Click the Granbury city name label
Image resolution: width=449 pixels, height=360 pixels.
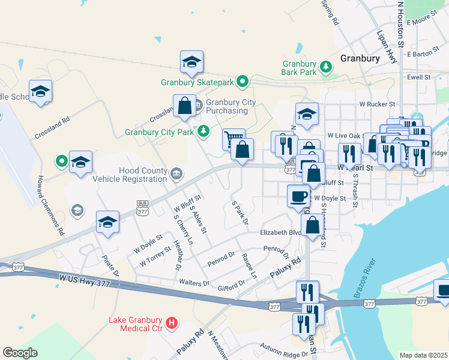pyautogui.click(x=360, y=58)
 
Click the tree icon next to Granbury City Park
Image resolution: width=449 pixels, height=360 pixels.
pyautogui.click(x=204, y=131)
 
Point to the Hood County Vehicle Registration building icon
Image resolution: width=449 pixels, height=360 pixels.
pyautogui.click(x=176, y=174)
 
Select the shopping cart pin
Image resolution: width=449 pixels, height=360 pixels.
pyautogui.click(x=233, y=138)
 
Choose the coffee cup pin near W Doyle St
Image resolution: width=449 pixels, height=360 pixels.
pyautogui.click(x=298, y=195)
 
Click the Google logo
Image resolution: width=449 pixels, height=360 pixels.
pyautogui.click(x=20, y=353)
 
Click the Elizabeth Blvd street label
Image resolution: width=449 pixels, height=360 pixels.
pyautogui.click(x=280, y=232)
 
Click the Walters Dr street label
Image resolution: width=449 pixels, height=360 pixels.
pyautogui.click(x=194, y=282)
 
